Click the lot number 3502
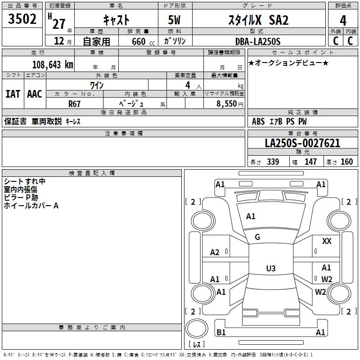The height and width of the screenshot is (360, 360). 22,19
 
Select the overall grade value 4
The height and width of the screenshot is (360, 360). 343,21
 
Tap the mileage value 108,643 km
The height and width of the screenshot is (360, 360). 53,64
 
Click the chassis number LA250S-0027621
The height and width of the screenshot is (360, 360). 302,144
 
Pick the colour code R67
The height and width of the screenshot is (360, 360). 75,103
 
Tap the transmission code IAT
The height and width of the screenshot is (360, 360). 13,94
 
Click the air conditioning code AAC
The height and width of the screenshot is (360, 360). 35,94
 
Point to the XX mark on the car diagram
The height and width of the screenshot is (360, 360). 327,242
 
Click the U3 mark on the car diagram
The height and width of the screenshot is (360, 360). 270,269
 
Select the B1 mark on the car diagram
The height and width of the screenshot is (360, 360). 221,333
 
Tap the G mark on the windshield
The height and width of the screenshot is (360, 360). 257,237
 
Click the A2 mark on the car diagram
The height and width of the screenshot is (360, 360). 215,252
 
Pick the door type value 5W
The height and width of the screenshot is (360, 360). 175,21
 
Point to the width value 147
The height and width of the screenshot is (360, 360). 310,162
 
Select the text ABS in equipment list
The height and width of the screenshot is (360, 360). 258,121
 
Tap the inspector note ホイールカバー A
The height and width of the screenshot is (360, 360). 31,206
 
